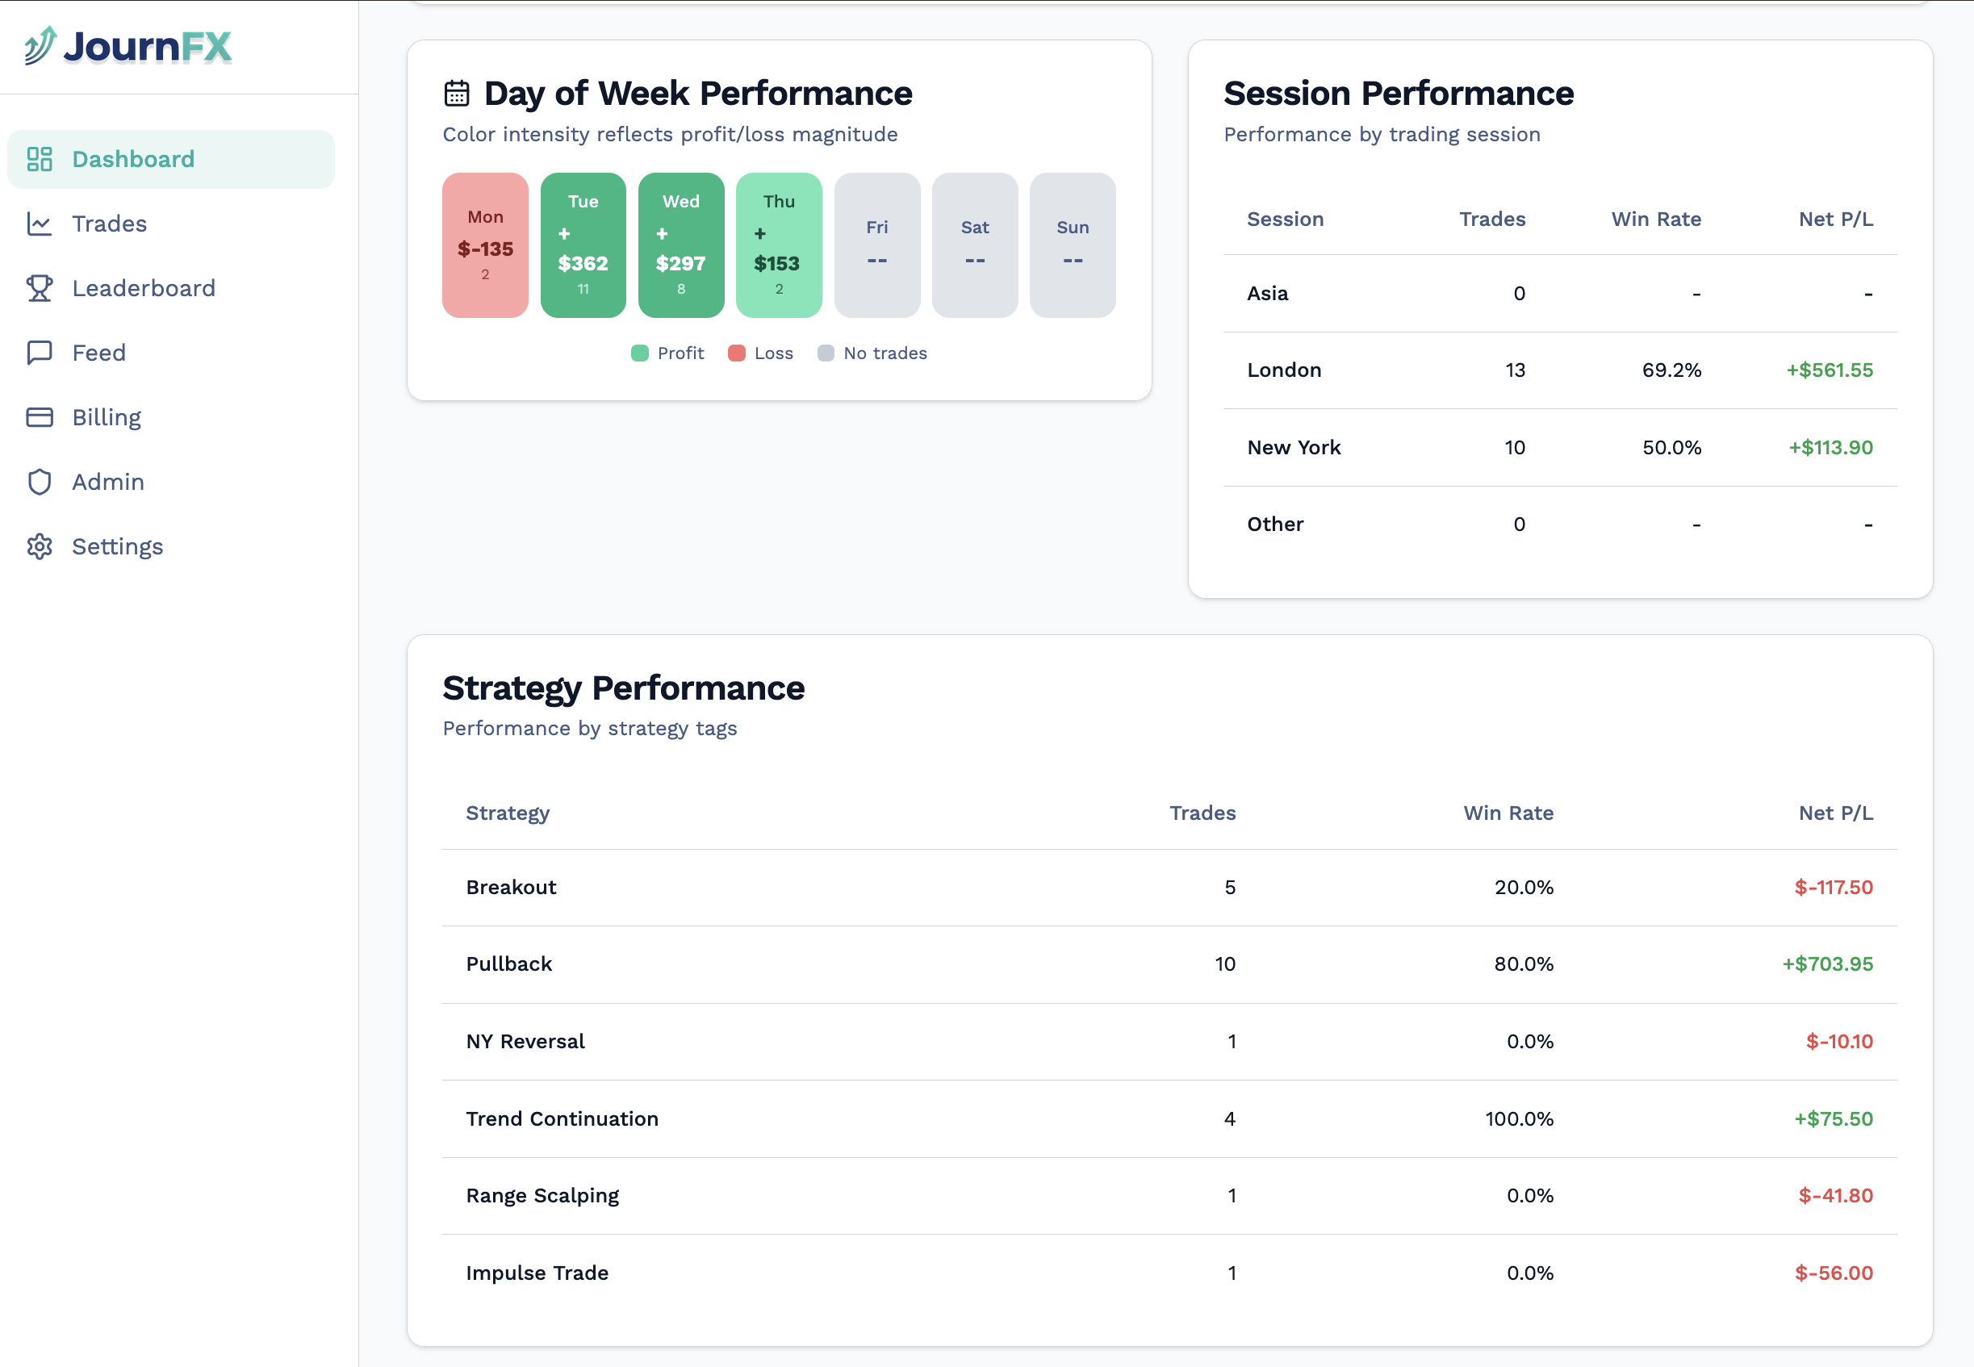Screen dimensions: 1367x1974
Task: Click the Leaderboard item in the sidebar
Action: pos(143,289)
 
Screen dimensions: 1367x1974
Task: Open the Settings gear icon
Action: pos(40,546)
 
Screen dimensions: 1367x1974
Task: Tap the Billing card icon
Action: pos(40,417)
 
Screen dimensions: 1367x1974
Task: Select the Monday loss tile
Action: pos(485,246)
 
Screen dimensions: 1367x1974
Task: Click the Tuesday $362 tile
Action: pos(583,246)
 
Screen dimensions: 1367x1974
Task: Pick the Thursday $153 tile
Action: pos(779,246)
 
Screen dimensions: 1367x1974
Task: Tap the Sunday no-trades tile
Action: pos(1073,246)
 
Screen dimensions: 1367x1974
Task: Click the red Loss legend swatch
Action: pos(736,353)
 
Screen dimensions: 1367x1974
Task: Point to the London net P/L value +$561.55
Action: pos(1830,370)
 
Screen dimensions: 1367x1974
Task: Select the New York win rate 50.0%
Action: pos(1671,447)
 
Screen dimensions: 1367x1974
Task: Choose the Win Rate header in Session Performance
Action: pos(1655,219)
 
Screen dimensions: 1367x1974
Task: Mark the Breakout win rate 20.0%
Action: pos(1524,888)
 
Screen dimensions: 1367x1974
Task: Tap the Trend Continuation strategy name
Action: pos(562,1118)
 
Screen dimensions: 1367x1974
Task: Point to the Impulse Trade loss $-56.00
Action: pos(1833,1273)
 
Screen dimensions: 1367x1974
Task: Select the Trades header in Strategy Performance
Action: pos(1202,813)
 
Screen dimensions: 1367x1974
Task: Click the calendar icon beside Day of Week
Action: pos(457,94)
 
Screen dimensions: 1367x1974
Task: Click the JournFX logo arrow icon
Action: pos(40,45)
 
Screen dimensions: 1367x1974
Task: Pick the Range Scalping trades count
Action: pos(1232,1196)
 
